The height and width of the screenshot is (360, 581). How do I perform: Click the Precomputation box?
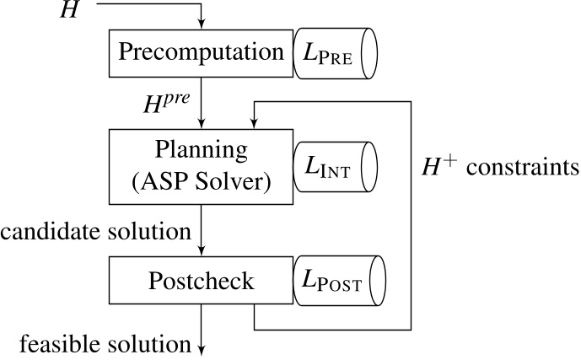[x=202, y=53]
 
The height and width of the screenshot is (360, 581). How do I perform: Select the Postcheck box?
[x=202, y=281]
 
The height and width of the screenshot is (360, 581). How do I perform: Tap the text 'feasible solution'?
[x=105, y=343]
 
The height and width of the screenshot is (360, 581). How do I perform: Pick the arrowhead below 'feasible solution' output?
[x=202, y=347]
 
